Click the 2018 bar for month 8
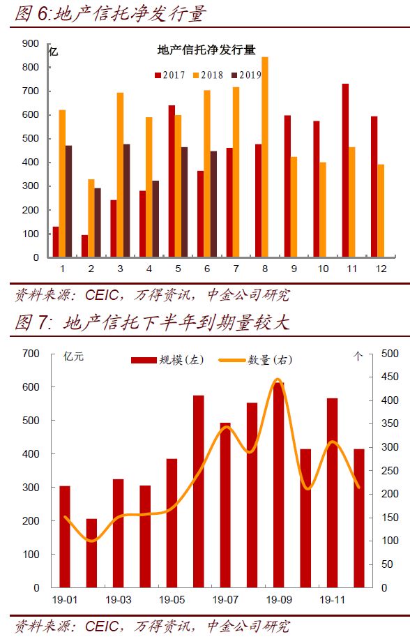265,157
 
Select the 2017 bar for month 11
345,170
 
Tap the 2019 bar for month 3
127,200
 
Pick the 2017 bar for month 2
84,246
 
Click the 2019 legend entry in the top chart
246,75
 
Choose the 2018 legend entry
208,75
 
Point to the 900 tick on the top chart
31,44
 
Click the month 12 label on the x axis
381,269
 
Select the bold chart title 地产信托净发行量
206,50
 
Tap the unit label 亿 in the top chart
53,52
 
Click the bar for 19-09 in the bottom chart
278,485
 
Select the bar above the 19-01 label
65,536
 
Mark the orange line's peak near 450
278,379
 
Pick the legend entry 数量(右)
256,360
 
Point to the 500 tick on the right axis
390,353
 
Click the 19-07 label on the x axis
225,599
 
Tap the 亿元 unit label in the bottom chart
73,356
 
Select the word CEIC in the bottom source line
102,626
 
